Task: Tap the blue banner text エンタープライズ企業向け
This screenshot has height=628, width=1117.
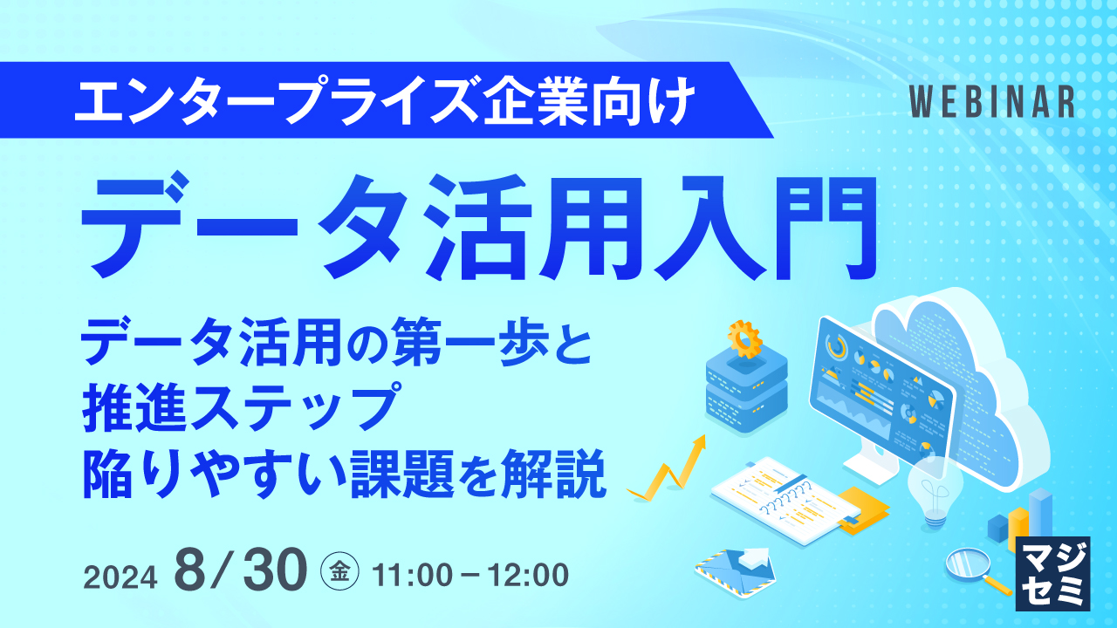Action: (x=385, y=101)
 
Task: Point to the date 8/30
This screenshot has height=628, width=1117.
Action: (x=242, y=571)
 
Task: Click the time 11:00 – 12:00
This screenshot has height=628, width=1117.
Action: (x=470, y=575)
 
